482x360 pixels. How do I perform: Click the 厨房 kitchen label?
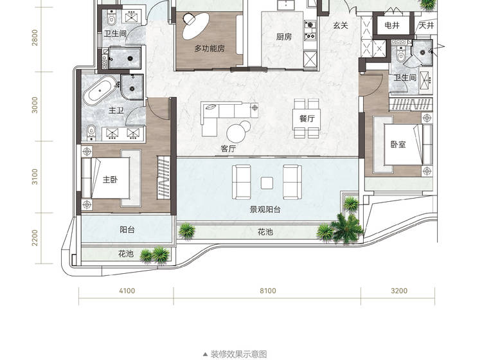click(283, 37)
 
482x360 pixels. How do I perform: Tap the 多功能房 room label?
click(210, 48)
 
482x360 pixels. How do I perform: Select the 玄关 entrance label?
click(341, 26)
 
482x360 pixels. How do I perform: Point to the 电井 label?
click(392, 25)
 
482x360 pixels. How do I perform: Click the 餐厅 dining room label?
click(307, 118)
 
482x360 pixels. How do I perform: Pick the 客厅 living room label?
click(228, 148)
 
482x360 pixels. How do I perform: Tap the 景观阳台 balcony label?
click(265, 210)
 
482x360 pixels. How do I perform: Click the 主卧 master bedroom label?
click(110, 179)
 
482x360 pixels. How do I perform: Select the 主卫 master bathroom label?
click(116, 110)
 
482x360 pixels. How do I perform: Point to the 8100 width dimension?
click(268, 291)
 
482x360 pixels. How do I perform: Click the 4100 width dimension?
click(127, 291)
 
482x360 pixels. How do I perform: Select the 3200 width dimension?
click(399, 291)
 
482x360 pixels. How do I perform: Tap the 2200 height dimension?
click(35, 238)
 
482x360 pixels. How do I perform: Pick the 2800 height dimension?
click(35, 37)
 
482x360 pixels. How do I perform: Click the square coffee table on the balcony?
click(267, 183)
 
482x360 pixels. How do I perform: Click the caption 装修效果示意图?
click(238, 354)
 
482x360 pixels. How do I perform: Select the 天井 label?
click(426, 25)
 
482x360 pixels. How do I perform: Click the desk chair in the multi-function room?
click(189, 19)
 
